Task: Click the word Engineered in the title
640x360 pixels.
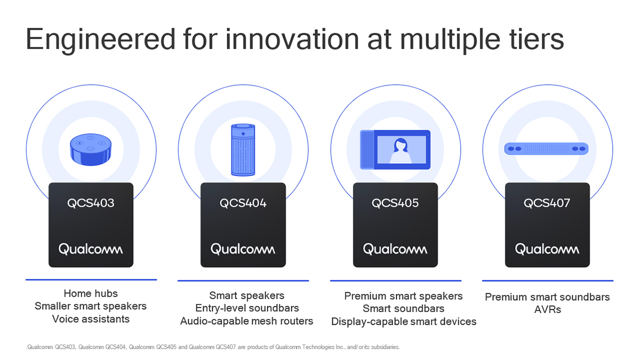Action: click(x=100, y=40)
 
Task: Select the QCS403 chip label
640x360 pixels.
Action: click(x=91, y=203)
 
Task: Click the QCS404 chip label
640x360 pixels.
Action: click(x=243, y=203)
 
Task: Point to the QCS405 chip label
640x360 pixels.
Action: click(x=395, y=203)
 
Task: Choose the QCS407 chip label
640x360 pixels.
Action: click(x=547, y=203)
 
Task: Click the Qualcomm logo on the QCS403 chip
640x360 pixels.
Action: click(x=91, y=249)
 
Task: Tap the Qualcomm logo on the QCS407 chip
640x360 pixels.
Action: click(x=547, y=249)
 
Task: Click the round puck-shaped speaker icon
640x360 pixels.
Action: click(x=91, y=149)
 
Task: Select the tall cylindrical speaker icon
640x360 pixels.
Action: click(x=243, y=150)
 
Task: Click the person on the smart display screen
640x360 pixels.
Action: click(x=401, y=150)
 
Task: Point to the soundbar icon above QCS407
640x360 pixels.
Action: click(x=547, y=149)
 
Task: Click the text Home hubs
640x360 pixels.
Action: click(x=91, y=293)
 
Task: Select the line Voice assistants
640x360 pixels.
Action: click(x=91, y=319)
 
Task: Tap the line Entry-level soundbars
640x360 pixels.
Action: click(x=247, y=308)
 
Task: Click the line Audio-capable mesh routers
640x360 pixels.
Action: click(x=246, y=321)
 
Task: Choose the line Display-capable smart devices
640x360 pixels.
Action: click(x=404, y=322)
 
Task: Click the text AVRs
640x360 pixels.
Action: click(x=547, y=309)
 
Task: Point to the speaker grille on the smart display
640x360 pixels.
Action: click(x=367, y=150)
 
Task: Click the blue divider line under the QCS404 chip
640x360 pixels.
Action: click(x=243, y=281)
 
